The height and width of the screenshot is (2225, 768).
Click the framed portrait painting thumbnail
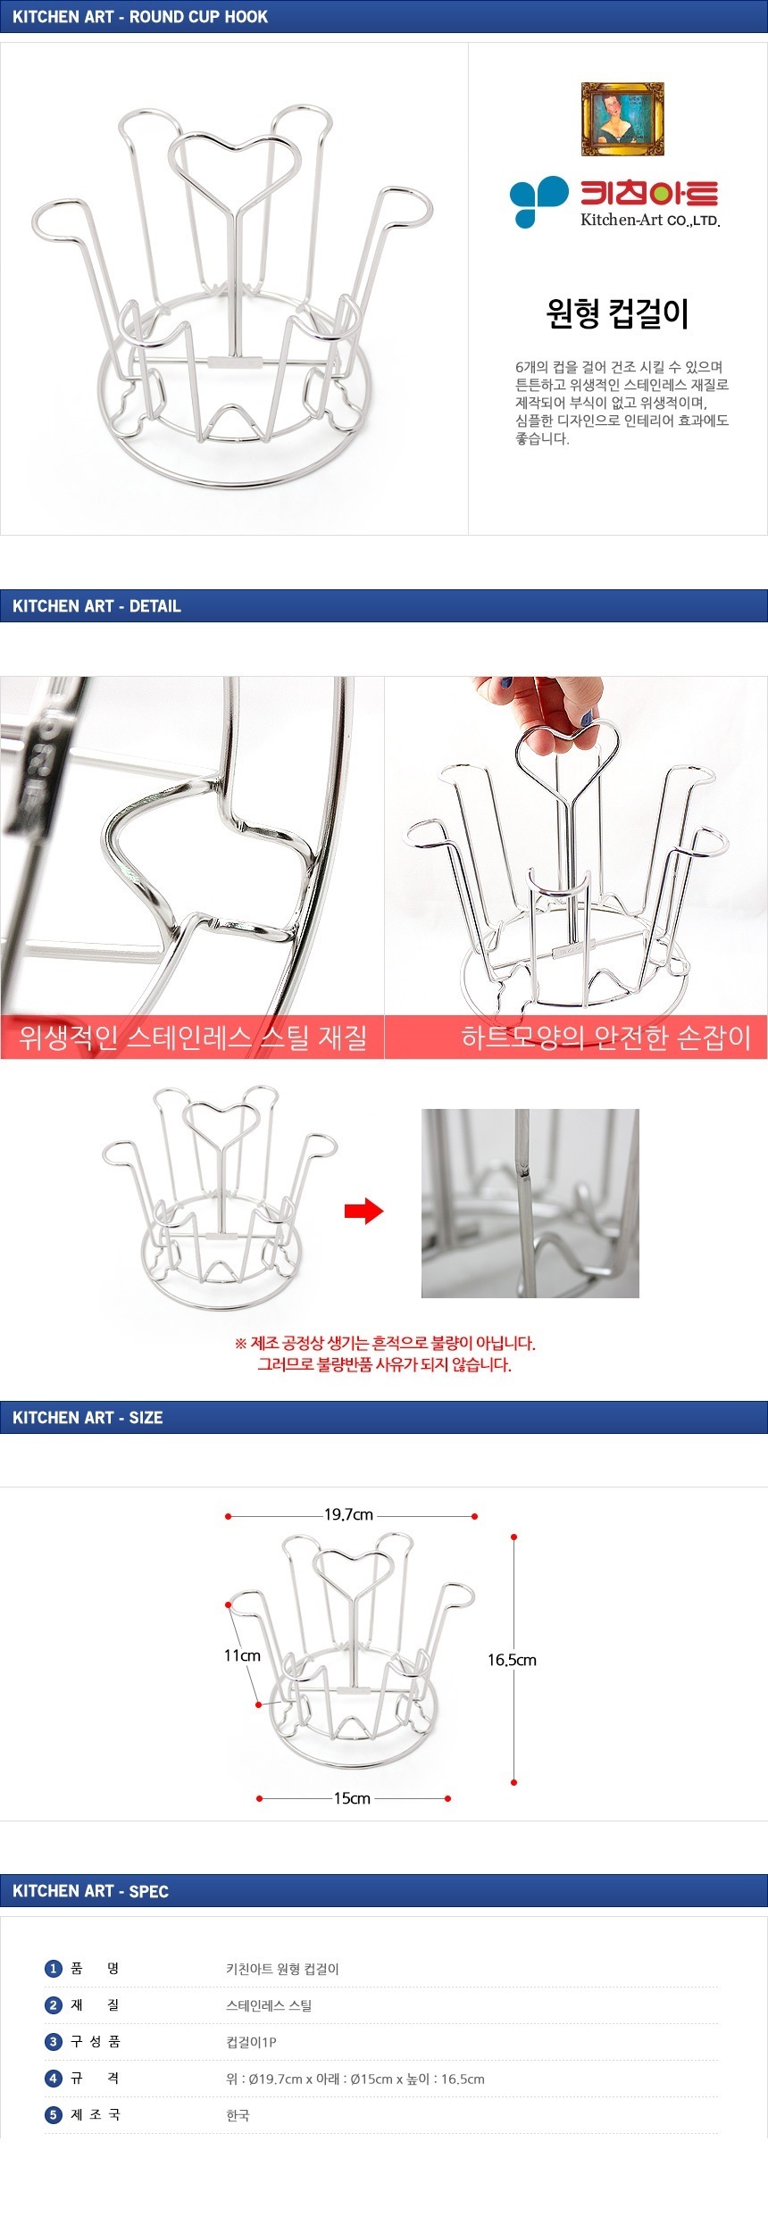click(x=622, y=119)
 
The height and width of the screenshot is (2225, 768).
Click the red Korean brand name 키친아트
click(x=650, y=194)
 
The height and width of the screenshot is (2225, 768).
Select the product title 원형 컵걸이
click(x=617, y=313)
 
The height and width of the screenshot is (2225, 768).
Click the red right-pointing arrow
click(x=363, y=1212)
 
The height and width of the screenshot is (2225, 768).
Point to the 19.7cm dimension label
click(x=348, y=1514)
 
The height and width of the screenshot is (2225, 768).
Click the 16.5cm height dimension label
click(x=512, y=1660)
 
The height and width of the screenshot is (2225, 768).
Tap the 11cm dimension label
click(x=242, y=1655)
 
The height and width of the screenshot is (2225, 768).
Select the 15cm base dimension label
click(x=352, y=1798)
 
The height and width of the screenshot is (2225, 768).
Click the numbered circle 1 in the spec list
click(x=53, y=1969)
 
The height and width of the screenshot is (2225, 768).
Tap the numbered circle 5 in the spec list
click(x=53, y=2115)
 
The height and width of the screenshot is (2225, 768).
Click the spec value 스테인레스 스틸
click(x=269, y=2005)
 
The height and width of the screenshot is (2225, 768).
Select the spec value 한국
click(x=238, y=2115)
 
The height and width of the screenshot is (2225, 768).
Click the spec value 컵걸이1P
click(x=251, y=2042)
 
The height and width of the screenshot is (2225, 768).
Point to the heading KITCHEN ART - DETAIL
click(x=96, y=606)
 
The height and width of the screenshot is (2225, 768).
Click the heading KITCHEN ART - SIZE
click(x=88, y=1418)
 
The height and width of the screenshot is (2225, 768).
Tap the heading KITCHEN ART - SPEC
click(x=90, y=1891)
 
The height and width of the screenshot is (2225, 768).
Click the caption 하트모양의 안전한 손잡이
click(x=605, y=1037)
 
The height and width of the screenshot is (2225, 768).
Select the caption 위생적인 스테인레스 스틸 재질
click(x=193, y=1037)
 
